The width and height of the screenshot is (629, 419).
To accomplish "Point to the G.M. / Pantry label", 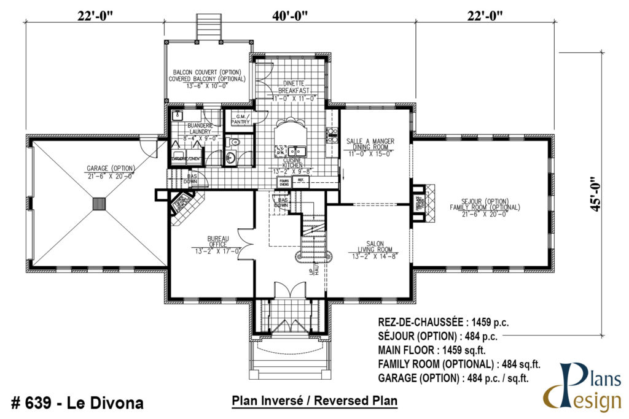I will point(240,118).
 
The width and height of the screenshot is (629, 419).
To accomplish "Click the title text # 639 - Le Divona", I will point(77,403).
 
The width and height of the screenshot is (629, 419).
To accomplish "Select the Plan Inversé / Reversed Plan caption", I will point(314,401).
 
